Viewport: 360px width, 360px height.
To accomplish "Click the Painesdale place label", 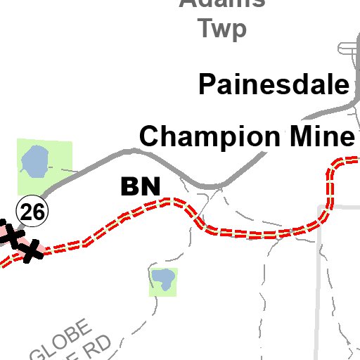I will (274, 84).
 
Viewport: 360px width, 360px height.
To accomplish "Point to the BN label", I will (141, 187).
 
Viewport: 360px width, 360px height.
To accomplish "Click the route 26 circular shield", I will (32, 211).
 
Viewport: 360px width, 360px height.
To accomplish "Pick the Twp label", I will (221, 29).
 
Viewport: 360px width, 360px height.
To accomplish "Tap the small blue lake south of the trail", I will (164, 279).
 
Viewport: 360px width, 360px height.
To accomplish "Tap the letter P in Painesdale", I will (207, 84).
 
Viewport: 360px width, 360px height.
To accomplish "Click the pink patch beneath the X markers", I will (35, 246).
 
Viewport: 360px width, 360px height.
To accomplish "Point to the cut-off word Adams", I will (221, 3).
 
